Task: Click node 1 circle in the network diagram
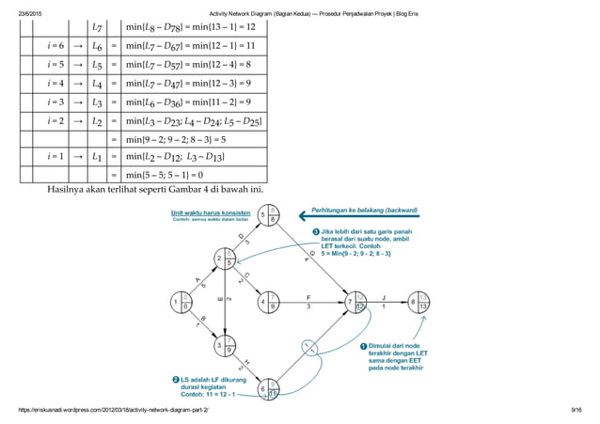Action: (178, 302)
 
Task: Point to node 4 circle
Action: (268, 302)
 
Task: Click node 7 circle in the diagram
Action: (356, 302)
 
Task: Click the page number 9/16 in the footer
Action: (577, 411)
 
